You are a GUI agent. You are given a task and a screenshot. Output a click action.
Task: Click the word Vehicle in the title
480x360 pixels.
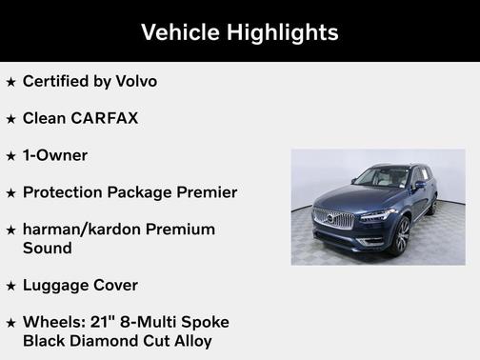(x=179, y=32)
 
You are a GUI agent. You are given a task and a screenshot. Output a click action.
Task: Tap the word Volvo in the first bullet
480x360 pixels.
(x=136, y=81)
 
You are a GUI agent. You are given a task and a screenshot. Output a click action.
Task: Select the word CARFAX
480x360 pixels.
(x=105, y=118)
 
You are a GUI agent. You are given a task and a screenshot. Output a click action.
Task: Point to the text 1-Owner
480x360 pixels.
(x=55, y=155)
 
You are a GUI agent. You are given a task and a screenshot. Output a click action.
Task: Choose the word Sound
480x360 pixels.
(x=48, y=248)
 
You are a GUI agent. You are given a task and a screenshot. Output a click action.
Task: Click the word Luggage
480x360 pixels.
(x=57, y=285)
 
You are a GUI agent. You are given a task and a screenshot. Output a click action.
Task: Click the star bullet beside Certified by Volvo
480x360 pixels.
(x=10, y=82)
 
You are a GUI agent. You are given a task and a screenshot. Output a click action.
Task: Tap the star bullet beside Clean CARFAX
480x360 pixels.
(x=10, y=119)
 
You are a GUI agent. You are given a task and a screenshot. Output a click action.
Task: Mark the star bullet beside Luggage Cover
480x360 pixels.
(x=10, y=286)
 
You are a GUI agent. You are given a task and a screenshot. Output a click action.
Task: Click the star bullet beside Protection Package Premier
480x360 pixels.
(x=10, y=193)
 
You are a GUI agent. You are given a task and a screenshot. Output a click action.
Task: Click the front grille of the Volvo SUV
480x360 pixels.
(x=333, y=218)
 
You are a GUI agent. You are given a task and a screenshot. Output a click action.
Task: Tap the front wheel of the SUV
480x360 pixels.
(x=399, y=234)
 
